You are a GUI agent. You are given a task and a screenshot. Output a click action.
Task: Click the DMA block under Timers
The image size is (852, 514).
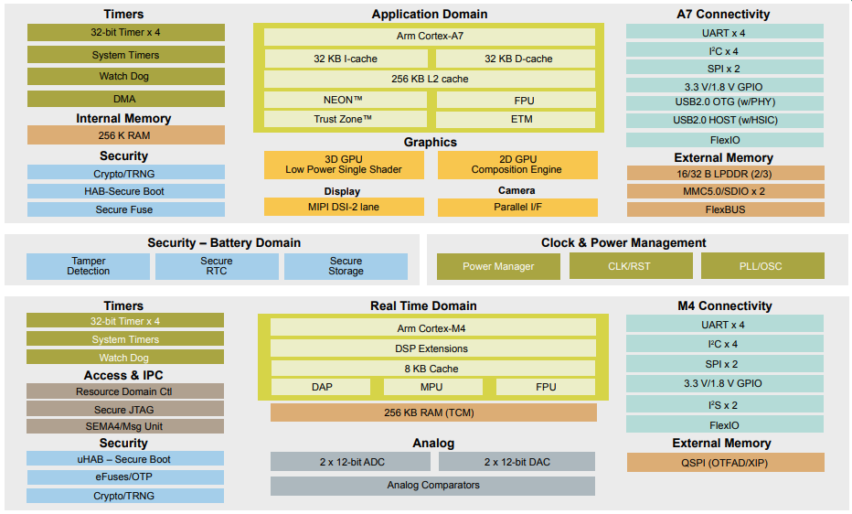125,99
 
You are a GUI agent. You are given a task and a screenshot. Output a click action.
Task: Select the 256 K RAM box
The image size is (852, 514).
125,135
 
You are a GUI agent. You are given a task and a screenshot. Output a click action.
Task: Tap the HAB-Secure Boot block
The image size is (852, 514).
125,191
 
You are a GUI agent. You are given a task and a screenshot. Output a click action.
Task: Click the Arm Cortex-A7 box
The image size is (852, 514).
429,37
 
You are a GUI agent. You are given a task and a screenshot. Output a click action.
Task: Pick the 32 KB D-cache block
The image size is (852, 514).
517,59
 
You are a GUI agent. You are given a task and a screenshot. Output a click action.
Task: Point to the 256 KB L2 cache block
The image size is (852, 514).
429,79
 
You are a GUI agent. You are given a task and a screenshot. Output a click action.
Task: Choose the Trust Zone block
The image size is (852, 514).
344,119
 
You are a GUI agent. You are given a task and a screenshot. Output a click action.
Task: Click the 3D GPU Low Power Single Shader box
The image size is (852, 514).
344,165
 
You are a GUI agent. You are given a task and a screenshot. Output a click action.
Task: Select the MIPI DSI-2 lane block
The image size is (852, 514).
344,207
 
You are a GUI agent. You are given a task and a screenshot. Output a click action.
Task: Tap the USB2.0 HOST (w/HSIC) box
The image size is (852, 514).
725,120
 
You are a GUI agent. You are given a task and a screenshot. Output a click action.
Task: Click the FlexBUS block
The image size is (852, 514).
725,209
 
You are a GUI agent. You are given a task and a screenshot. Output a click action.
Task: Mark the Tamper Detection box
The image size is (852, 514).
88,266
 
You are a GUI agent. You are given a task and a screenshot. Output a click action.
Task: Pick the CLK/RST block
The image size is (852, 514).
630,266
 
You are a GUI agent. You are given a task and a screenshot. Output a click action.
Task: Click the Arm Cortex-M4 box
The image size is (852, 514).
432,328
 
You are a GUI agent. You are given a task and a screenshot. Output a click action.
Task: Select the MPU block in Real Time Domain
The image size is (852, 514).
432,387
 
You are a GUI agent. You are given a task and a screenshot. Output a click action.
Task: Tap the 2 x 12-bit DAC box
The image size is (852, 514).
517,462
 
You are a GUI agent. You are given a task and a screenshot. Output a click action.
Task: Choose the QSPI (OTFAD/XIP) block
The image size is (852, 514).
725,462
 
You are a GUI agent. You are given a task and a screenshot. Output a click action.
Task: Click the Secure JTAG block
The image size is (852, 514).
125,410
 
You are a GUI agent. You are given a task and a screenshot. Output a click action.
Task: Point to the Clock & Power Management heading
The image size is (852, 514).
623,242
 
